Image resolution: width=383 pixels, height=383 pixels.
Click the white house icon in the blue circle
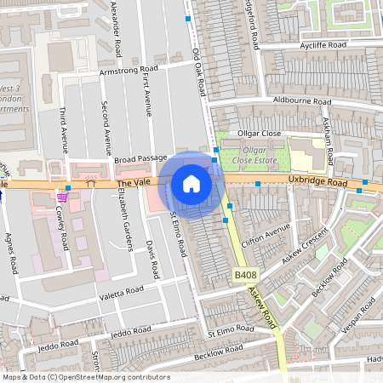(x=191, y=184)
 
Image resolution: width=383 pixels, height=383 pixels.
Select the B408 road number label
(x=245, y=276)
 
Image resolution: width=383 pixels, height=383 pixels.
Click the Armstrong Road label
(x=129, y=71)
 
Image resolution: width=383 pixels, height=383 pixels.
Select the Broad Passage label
(x=140, y=159)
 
